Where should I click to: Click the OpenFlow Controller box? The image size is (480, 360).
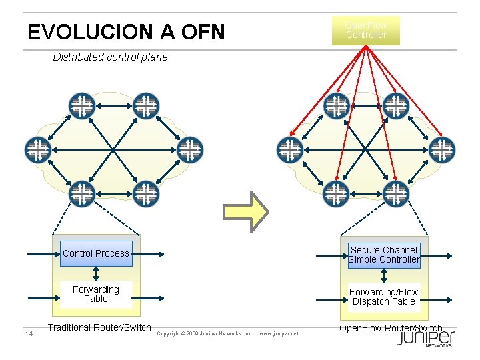pos(366,31)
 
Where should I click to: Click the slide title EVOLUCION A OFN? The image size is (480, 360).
pos(126,31)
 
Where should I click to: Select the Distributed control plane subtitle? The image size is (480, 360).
pos(110,57)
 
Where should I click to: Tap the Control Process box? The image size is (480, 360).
pos(96,253)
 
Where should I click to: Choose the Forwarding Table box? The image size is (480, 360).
pos(96,294)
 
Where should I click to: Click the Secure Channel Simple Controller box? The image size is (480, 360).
pos(384,255)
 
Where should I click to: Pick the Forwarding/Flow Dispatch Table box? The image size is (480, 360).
pos(384,297)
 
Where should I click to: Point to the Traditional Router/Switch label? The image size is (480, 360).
pos(99,327)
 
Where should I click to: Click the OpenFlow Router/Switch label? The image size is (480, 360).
pos(391,328)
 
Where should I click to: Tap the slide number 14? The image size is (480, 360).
pos(29,333)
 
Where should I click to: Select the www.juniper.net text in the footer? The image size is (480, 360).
pos(278,333)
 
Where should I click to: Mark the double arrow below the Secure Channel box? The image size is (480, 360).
pos(384,276)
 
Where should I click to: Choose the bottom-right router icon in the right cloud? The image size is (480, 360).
pos(396,194)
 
